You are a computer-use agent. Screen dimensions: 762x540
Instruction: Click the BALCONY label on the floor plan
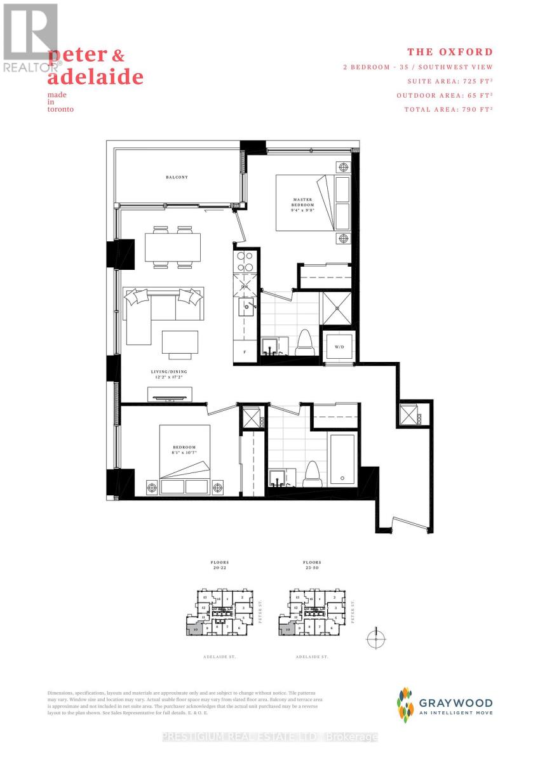[178, 177]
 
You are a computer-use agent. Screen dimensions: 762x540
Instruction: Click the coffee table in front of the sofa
[175, 344]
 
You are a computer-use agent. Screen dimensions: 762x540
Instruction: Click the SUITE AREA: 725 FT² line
[450, 81]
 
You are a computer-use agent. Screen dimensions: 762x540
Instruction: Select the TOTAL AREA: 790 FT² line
[449, 109]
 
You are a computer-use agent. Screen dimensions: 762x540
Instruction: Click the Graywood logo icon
[405, 705]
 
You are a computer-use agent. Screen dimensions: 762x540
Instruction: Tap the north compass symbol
[376, 638]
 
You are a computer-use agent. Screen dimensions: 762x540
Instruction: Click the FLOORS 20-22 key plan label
[220, 565]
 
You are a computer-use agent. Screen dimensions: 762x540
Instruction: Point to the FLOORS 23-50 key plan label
[312, 565]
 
